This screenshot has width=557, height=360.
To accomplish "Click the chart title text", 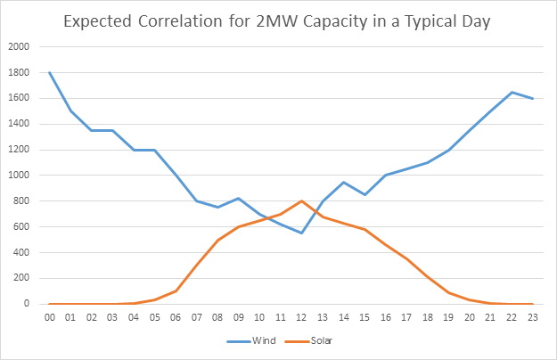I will point(278,20).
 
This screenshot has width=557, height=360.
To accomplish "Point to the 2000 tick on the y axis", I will point(18,46).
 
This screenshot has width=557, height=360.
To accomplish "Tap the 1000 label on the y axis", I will point(18,176).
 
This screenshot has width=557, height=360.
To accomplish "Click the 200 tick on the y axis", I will point(20,278).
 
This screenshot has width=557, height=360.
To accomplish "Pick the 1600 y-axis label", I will point(18,98).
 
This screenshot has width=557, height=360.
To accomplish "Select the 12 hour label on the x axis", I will point(300,316).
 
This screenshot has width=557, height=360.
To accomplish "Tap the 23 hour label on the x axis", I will point(532,316).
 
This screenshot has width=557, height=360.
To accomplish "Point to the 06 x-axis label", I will point(175,316).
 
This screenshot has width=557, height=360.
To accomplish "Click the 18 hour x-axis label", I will point(427,316).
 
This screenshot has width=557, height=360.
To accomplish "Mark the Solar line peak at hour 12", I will point(300,200).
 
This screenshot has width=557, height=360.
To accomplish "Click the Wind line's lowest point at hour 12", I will point(300,233).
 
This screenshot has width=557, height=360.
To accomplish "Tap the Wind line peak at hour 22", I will point(511,92).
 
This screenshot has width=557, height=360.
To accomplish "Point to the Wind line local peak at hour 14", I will point(343,182).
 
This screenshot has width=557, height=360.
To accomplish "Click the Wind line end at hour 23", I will point(532,98).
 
